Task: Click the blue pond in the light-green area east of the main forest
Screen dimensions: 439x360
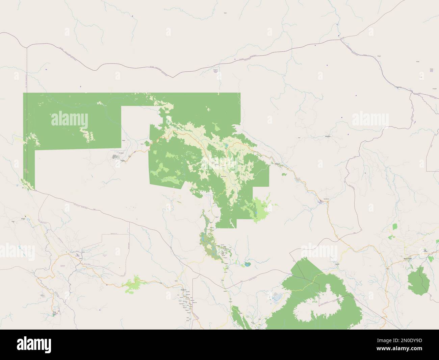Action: [x=257, y=214]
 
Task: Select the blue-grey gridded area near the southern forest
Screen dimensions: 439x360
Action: [x=279, y=297]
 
